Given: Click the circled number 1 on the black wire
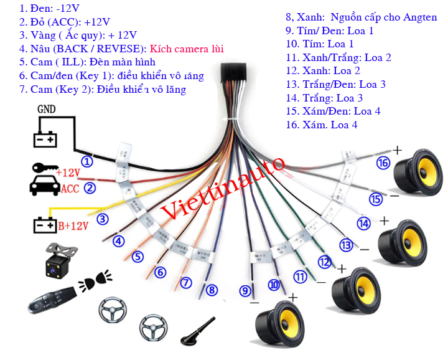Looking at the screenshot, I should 88,161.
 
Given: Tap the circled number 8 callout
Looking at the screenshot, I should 212,290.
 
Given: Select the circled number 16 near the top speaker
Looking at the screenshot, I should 383,163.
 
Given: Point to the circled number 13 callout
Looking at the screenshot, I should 346,245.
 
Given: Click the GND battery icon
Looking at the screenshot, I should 45,140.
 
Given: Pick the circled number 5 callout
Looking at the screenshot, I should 138,257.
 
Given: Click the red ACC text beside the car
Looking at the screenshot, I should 70,189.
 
